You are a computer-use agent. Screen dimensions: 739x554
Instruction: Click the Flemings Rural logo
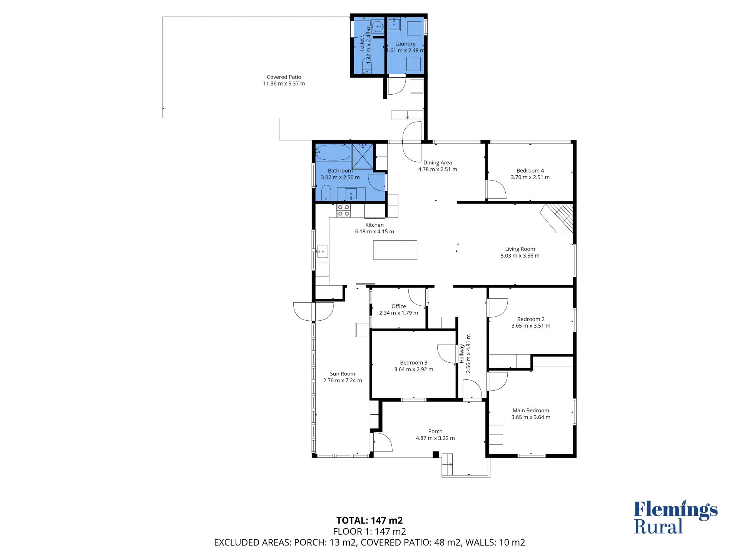[x=675, y=517]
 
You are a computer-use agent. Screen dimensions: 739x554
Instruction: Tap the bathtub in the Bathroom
[x=333, y=152]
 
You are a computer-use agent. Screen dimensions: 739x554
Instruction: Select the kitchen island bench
[x=395, y=250]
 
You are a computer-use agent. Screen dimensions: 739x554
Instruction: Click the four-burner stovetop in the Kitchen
[x=343, y=210]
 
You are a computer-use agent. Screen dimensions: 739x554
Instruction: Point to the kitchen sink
[x=322, y=251]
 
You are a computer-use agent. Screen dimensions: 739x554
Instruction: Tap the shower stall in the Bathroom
[x=363, y=156]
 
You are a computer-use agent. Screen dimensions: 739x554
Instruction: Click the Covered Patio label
[x=284, y=77]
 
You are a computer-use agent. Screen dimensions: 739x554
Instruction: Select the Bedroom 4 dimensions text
[x=530, y=177]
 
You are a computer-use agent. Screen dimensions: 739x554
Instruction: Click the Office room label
[x=398, y=306]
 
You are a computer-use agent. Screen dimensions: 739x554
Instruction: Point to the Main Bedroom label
[x=531, y=410]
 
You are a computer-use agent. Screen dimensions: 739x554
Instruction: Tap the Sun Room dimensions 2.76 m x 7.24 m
[x=343, y=380]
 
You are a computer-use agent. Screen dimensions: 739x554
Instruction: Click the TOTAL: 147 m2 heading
[x=369, y=521]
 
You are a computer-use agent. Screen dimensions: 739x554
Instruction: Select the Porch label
[x=435, y=432]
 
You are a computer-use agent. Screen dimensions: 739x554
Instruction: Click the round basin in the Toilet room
[x=378, y=27]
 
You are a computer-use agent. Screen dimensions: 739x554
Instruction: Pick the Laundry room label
[x=405, y=44]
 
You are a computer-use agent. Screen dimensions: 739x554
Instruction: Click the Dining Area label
[x=438, y=162]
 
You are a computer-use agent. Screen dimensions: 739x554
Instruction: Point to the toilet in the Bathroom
[x=326, y=192]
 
